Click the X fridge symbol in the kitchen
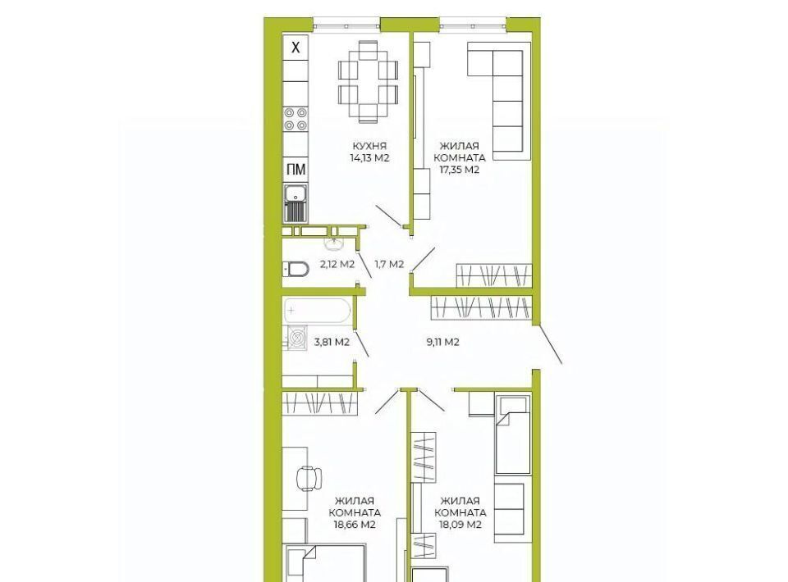[296, 48]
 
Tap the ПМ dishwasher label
[296, 170]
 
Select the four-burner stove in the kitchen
[295, 119]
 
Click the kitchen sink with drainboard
[295, 203]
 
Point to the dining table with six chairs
[368, 82]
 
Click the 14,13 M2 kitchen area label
[370, 158]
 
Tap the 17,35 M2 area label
[460, 170]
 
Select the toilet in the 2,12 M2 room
[295, 269]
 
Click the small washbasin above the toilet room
[334, 243]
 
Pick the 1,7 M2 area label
[389, 265]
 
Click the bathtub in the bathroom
[317, 311]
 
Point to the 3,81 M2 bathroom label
[332, 343]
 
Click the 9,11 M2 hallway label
[442, 343]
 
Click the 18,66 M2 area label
[355, 525]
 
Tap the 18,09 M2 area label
[460, 525]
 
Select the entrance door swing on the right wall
[550, 344]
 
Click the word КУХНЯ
[369, 146]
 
